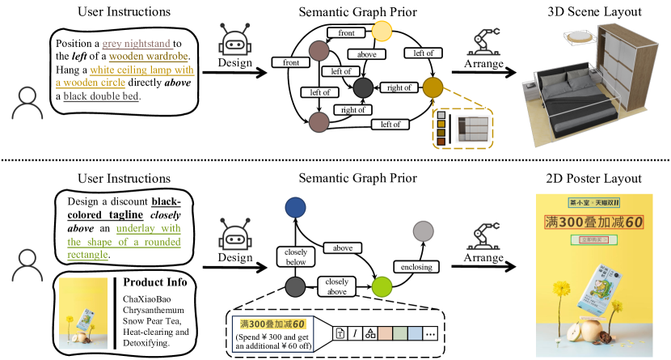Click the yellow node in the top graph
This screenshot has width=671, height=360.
(382, 32)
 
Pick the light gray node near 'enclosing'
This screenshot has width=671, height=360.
(423, 232)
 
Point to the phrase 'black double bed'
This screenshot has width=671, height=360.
(101, 96)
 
